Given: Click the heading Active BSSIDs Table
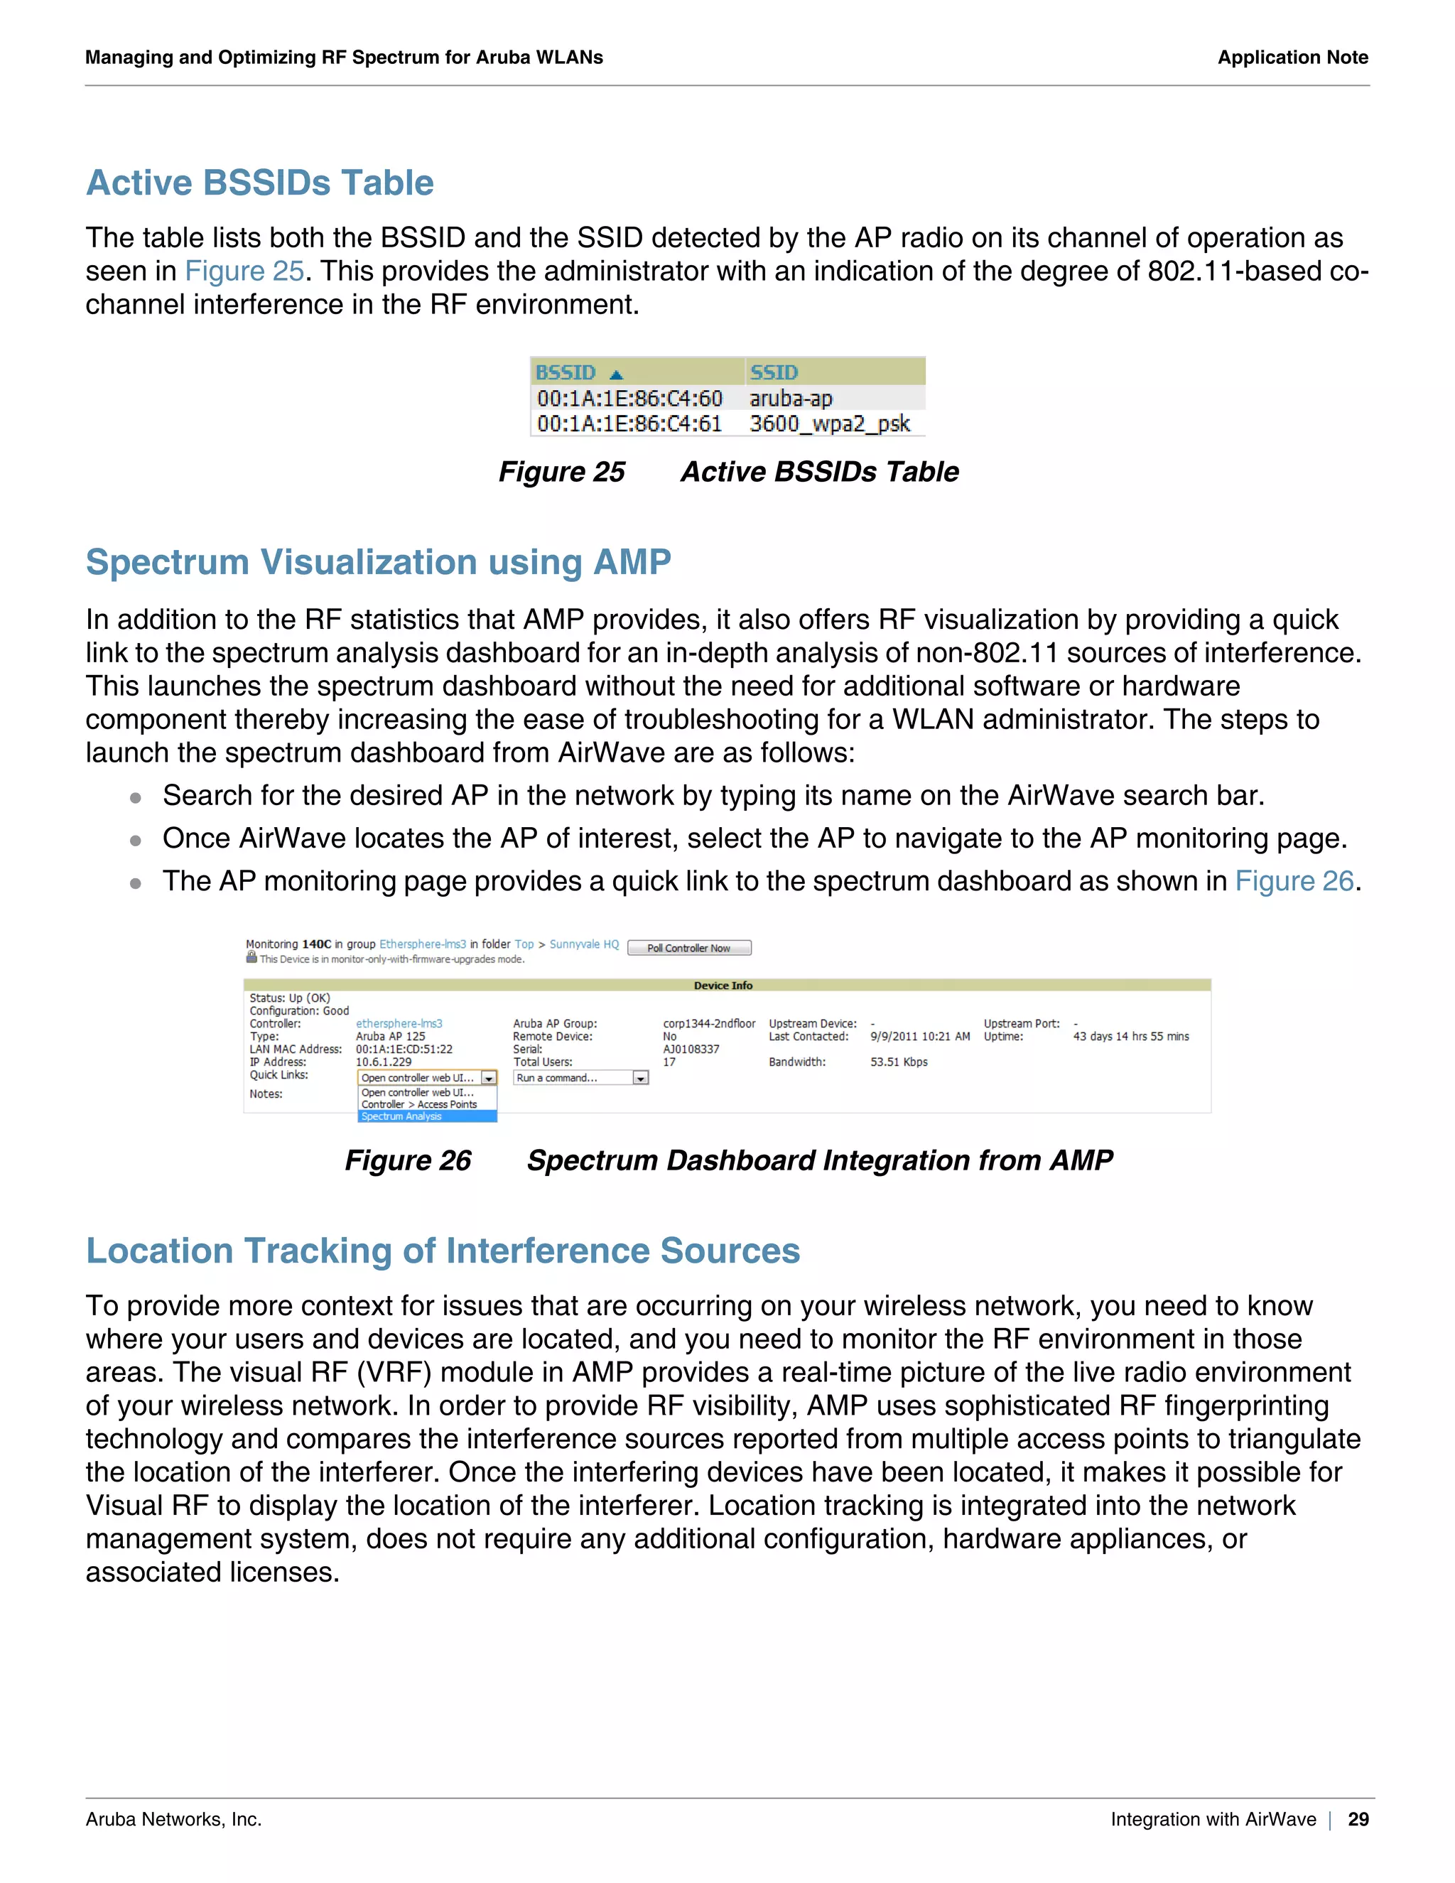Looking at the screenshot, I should pyautogui.click(x=259, y=183).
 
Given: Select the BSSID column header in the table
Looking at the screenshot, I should pyautogui.click(x=566, y=372).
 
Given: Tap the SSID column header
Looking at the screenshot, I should pyautogui.click(x=774, y=372).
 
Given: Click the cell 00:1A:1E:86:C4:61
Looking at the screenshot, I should pyautogui.click(x=629, y=423).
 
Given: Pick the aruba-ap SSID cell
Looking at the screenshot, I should pyautogui.click(x=791, y=399).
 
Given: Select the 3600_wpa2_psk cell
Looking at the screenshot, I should pyautogui.click(x=829, y=423).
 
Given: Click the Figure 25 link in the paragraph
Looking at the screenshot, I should pyautogui.click(x=244, y=271).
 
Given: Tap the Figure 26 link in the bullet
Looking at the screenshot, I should pyautogui.click(x=1294, y=881).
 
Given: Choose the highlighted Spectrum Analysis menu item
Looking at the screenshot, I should pyautogui.click(x=401, y=1116).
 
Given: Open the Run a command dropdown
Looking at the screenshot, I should pyautogui.click(x=580, y=1078).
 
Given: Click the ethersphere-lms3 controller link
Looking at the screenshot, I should pyautogui.click(x=399, y=1023).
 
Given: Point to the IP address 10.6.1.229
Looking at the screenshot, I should pyautogui.click(x=384, y=1062).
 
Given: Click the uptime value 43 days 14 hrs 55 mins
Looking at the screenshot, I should pyautogui.click(x=1130, y=1036).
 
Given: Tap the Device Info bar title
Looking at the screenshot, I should pyautogui.click(x=723, y=986).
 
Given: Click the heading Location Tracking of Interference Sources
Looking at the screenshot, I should pyautogui.click(x=443, y=1252).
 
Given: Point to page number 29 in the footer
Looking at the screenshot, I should pyautogui.click(x=1358, y=1819).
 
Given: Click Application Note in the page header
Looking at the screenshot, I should pyautogui.click(x=1292, y=58).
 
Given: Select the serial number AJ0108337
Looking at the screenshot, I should pyautogui.click(x=691, y=1050).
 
